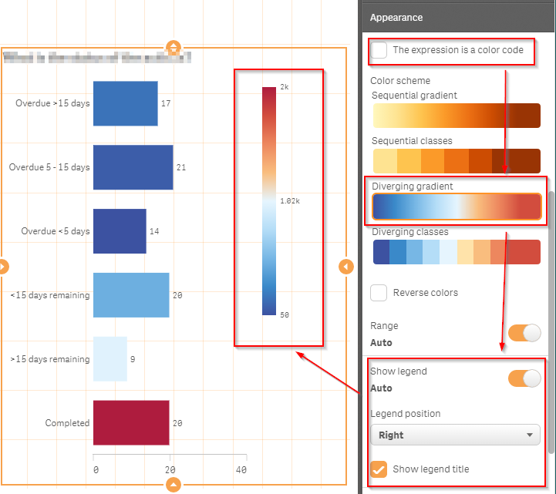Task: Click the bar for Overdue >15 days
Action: pyautogui.click(x=125, y=103)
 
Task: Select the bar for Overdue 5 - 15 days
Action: pyautogui.click(x=133, y=167)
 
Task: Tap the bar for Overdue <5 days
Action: pyautogui.click(x=120, y=231)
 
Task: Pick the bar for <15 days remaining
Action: pyautogui.click(x=131, y=295)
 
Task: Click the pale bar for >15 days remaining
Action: pyautogui.click(x=110, y=359)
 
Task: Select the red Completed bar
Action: pyautogui.click(x=131, y=423)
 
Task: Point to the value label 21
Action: pyautogui.click(x=181, y=167)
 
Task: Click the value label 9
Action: pyautogui.click(x=133, y=359)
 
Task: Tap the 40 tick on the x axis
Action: pyautogui.click(x=241, y=469)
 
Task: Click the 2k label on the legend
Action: pyautogui.click(x=284, y=87)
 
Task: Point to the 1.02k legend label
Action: pyautogui.click(x=289, y=200)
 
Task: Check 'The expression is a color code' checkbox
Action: pyautogui.click(x=379, y=50)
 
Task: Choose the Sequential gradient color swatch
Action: pyautogui.click(x=457, y=115)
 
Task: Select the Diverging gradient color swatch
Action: pyautogui.click(x=457, y=207)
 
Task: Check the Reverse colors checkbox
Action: pyautogui.click(x=379, y=293)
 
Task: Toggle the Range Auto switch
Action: pyautogui.click(x=524, y=333)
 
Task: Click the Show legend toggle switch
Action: pyautogui.click(x=524, y=378)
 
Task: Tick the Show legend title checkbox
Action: pyautogui.click(x=379, y=469)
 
